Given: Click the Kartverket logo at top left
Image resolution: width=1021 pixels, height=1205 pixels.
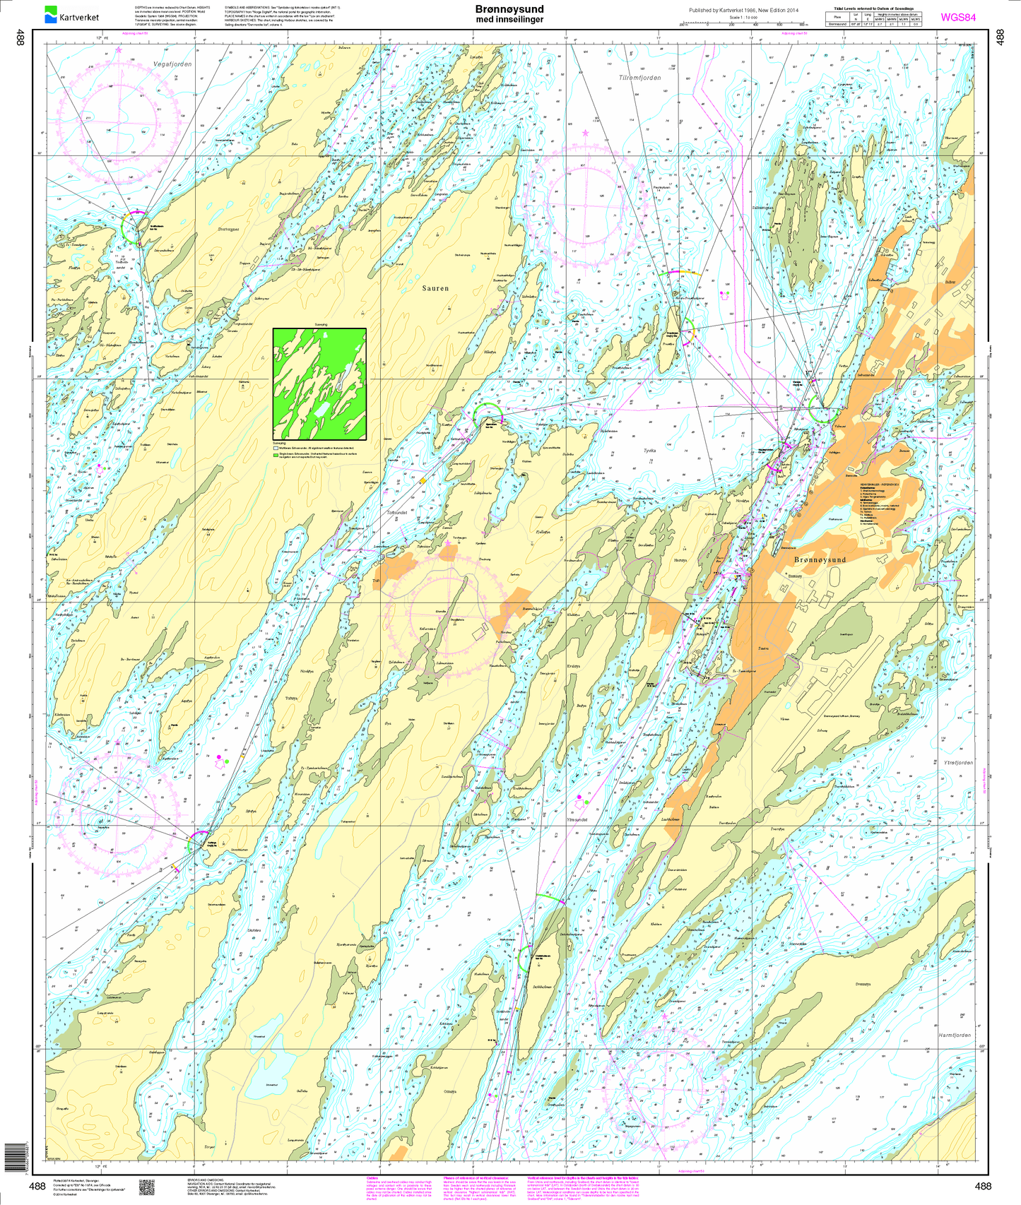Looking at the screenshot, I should pyautogui.click(x=72, y=14).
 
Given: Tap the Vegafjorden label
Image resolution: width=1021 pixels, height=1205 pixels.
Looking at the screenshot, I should pyautogui.click(x=172, y=64).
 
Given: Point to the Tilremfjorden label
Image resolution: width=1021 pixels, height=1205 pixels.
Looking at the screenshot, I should pyautogui.click(x=639, y=78).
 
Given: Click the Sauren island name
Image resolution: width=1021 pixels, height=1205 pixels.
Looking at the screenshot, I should pyautogui.click(x=436, y=288).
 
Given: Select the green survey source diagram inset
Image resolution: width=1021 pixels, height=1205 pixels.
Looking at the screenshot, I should pyautogui.click(x=319, y=384).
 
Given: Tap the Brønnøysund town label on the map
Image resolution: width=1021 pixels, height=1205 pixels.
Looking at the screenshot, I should pyautogui.click(x=820, y=559).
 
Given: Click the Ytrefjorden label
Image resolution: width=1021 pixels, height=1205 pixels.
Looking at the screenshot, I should pyautogui.click(x=958, y=763).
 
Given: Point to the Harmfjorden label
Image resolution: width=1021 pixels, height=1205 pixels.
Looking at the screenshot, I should pyautogui.click(x=955, y=1035).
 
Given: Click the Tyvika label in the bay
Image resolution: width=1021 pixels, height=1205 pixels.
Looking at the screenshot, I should pyautogui.click(x=649, y=450).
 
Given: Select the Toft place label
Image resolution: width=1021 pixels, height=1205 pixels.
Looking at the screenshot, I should pyautogui.click(x=376, y=582).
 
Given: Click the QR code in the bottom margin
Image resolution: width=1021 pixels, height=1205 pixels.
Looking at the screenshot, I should pyautogui.click(x=146, y=1187).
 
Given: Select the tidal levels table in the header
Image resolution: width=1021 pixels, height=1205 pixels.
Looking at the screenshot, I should pyautogui.click(x=874, y=18).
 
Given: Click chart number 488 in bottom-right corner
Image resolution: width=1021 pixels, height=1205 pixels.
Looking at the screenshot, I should pyautogui.click(x=982, y=1187).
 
